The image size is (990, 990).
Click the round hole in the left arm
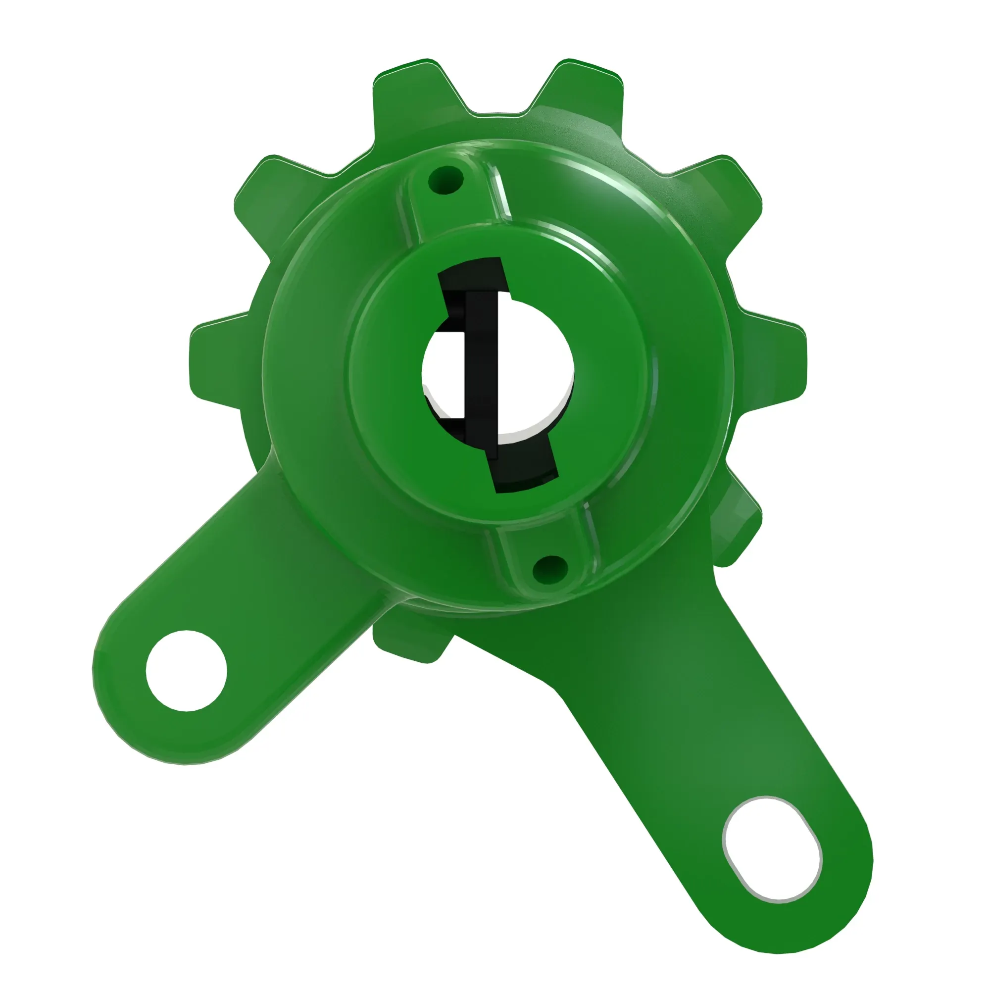187,671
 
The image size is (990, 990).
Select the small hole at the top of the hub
446,180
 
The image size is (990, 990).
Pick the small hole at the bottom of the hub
550,568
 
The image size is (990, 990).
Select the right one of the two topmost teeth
579,92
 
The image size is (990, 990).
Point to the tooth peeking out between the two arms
410,641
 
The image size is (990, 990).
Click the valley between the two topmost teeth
497,115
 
